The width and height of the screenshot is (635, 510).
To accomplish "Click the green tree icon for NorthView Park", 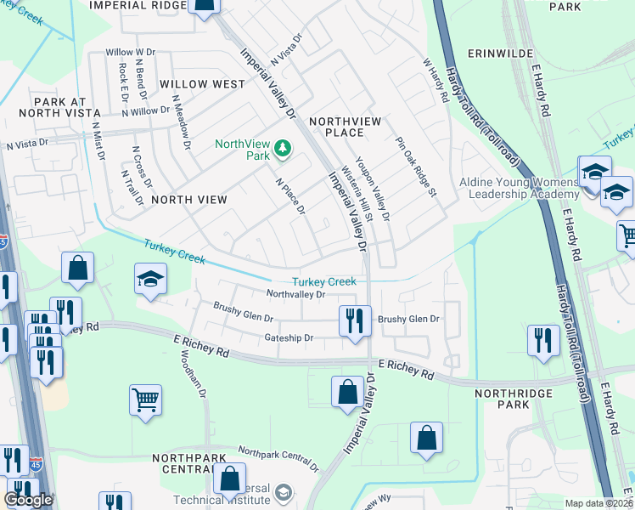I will pyautogui.click(x=282, y=150).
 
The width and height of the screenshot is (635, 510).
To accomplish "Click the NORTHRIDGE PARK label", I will pyautogui.click(x=514, y=400).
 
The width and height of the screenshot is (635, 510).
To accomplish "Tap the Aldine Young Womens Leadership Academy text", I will pyautogui.click(x=519, y=188).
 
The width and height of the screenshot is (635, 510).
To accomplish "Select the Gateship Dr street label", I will pyautogui.click(x=289, y=337).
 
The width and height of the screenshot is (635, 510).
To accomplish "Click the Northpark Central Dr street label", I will pyautogui.click(x=278, y=459).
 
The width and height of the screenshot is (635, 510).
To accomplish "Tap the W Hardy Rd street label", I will pyautogui.click(x=436, y=81).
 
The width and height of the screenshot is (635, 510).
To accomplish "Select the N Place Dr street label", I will pyautogui.click(x=289, y=195).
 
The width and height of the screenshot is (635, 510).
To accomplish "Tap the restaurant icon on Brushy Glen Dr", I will pyautogui.click(x=351, y=320).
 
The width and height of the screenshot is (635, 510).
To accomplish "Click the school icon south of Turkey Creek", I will pyautogui.click(x=150, y=280).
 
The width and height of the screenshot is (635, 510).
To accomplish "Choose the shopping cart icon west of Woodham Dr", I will pyautogui.click(x=145, y=399).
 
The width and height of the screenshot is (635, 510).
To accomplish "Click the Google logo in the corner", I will pyautogui.click(x=28, y=500).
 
